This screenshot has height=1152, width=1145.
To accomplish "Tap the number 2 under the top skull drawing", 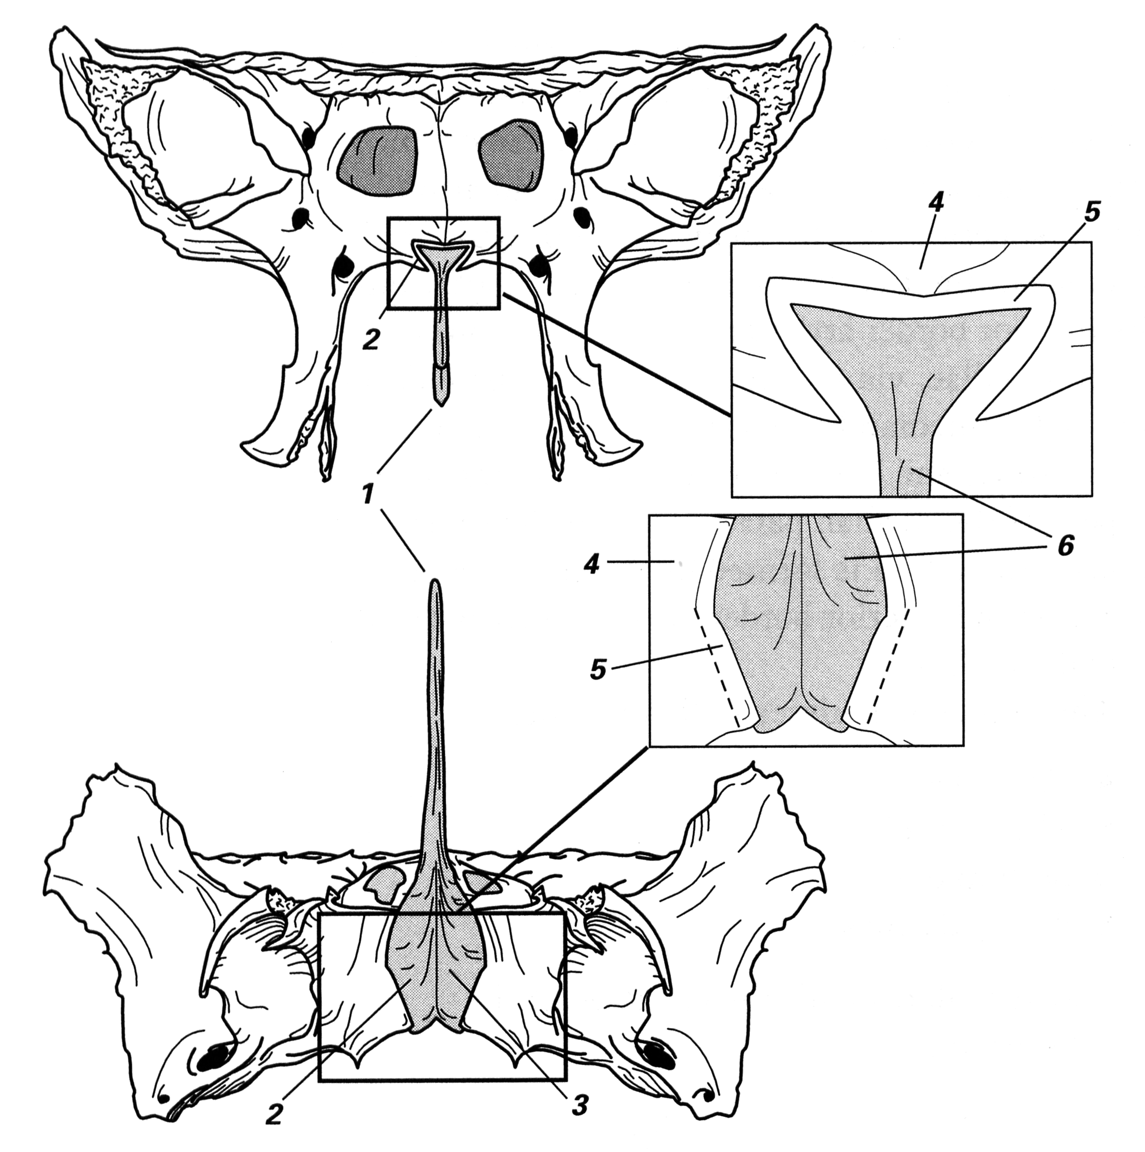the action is (371, 339).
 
